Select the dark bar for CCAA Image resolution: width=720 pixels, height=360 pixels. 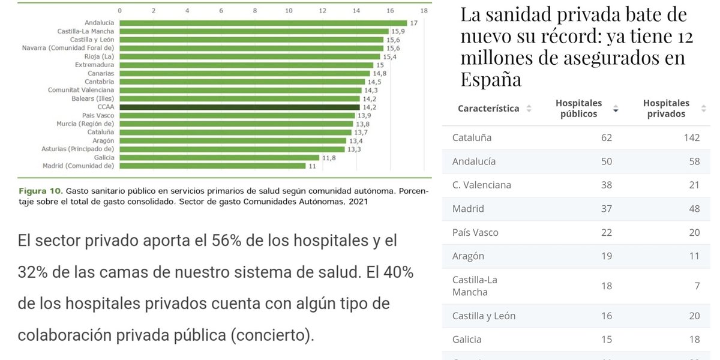[x=239, y=107]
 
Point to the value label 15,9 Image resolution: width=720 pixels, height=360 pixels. [x=398, y=31]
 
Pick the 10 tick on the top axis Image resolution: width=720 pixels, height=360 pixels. [x=289, y=11]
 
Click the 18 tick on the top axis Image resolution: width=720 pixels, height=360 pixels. [x=424, y=11]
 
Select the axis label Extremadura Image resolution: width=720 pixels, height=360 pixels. [x=94, y=65]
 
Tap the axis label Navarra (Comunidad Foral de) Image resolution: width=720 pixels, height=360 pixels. [x=68, y=48]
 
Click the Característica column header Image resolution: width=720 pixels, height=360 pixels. [x=488, y=109]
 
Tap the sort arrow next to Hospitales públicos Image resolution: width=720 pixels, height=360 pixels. [x=616, y=109]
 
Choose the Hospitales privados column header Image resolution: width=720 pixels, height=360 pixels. [x=666, y=109]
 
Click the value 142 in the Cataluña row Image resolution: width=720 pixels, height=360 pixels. [x=691, y=137]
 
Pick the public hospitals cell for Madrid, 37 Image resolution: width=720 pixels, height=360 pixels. [x=606, y=209]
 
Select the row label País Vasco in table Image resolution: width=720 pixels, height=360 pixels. [x=475, y=232]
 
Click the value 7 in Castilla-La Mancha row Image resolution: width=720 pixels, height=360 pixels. [x=697, y=286]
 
